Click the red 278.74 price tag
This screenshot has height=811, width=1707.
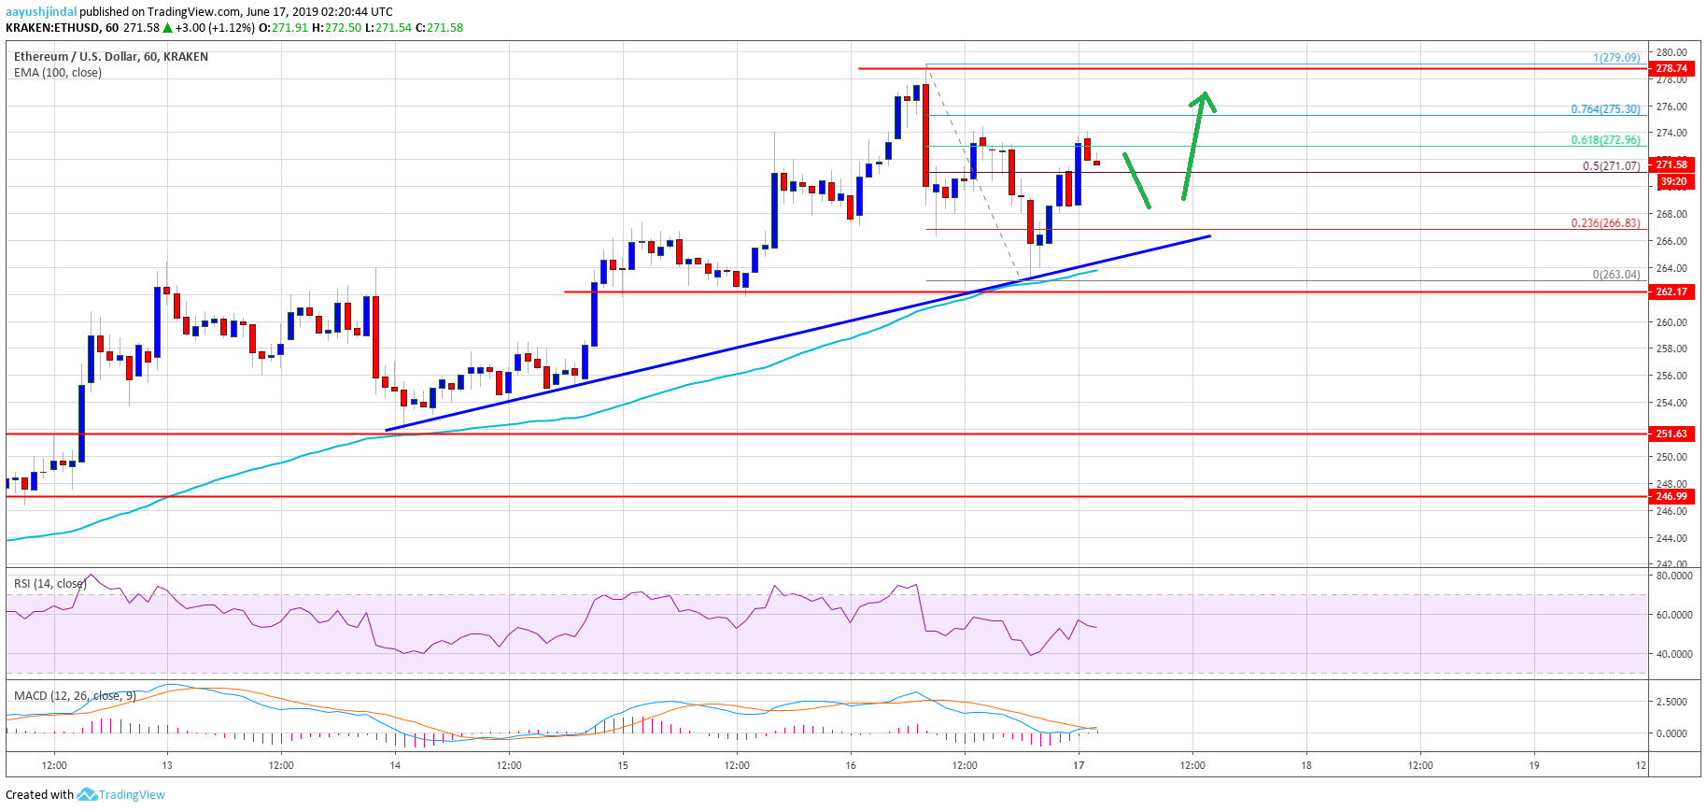pos(1671,68)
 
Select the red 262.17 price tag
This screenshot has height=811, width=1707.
pos(1671,292)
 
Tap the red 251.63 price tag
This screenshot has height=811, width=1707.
pos(1671,434)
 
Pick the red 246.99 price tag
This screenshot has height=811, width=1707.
pos(1671,496)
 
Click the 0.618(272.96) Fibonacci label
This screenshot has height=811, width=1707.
pos(1604,140)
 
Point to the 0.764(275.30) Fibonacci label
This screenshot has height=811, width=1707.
pos(1604,109)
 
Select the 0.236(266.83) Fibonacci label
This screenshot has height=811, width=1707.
pos(1604,223)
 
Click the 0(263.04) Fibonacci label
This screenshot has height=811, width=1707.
pos(1615,275)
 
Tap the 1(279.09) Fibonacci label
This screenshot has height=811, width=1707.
pos(1615,58)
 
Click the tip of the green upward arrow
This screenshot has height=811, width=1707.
pos(1205,92)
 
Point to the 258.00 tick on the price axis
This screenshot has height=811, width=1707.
pos(1671,349)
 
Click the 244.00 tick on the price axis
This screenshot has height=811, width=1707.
pos(1671,538)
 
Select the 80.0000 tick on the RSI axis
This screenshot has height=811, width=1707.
pos(1672,576)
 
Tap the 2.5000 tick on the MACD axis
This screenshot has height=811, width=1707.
pos(1671,702)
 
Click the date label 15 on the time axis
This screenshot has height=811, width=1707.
pos(623,765)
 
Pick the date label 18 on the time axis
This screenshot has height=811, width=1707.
pos(1306,765)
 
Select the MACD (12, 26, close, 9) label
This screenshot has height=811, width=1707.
pos(75,696)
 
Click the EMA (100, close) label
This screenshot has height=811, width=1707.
pos(58,73)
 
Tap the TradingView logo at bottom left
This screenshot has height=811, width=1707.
pos(122,795)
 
